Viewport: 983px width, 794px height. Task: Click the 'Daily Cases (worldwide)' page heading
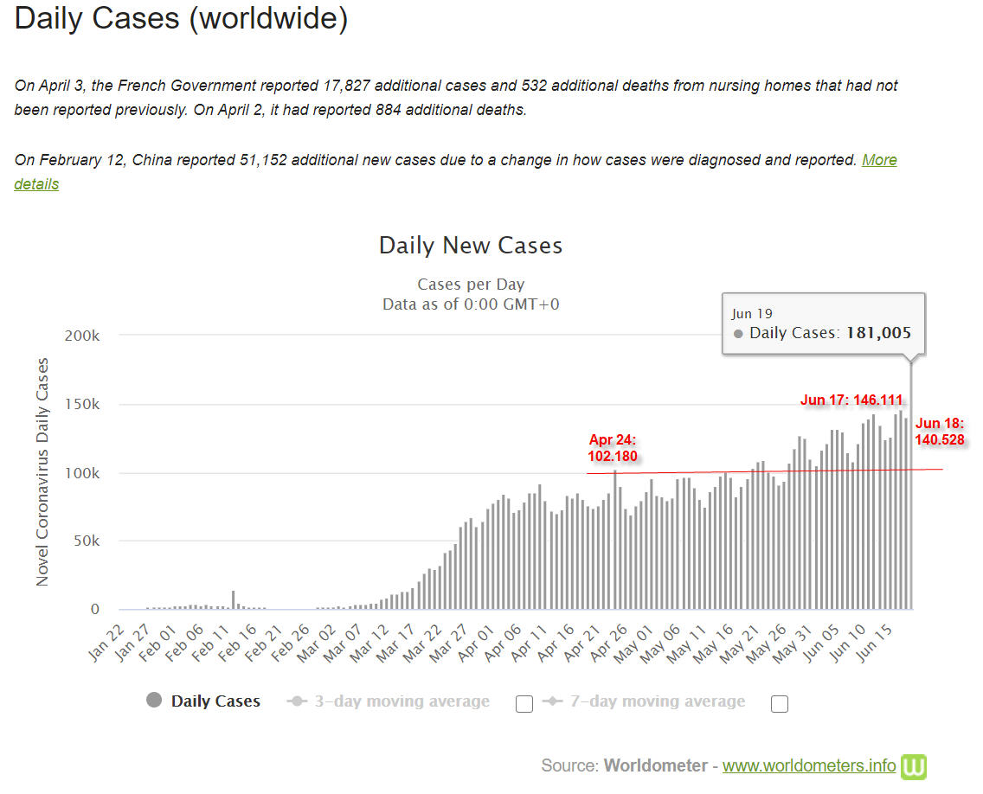point(181,19)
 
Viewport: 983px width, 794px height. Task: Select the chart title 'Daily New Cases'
point(471,245)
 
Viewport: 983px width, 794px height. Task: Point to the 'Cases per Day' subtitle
point(471,284)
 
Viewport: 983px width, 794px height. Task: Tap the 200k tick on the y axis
point(81,336)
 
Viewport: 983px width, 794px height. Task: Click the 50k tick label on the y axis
point(86,541)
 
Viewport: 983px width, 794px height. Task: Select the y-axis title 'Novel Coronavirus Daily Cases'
point(42,472)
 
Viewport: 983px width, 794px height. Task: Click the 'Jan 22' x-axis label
point(106,643)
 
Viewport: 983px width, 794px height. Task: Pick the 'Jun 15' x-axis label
point(874,643)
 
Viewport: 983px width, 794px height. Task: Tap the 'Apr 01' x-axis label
point(476,643)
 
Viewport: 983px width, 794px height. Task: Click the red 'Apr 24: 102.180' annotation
point(613,448)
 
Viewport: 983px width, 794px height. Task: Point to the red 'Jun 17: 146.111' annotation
point(851,400)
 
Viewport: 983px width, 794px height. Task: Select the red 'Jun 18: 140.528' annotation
point(939,431)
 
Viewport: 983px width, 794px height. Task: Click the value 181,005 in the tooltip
point(878,333)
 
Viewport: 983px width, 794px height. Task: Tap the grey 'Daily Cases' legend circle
point(154,700)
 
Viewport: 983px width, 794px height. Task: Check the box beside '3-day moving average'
point(524,704)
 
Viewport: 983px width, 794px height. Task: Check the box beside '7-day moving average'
point(780,704)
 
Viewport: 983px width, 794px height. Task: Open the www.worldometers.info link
point(809,765)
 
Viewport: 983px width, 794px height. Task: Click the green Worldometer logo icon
point(914,766)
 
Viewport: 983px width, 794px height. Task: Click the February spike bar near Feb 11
point(234,599)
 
